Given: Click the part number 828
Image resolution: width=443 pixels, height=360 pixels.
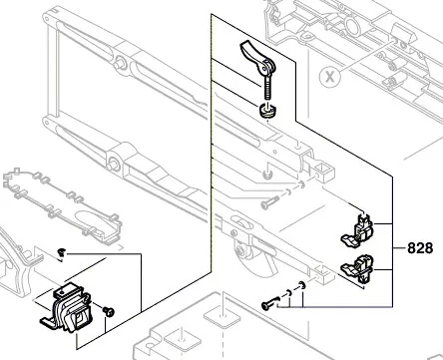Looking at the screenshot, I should pos(420,245).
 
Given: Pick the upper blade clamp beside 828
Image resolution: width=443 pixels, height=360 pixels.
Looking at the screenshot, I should pos(358,230).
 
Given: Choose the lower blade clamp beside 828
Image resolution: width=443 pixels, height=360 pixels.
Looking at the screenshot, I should pos(361,270).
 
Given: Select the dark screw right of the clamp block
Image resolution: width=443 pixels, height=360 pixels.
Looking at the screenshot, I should pos(111,311).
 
